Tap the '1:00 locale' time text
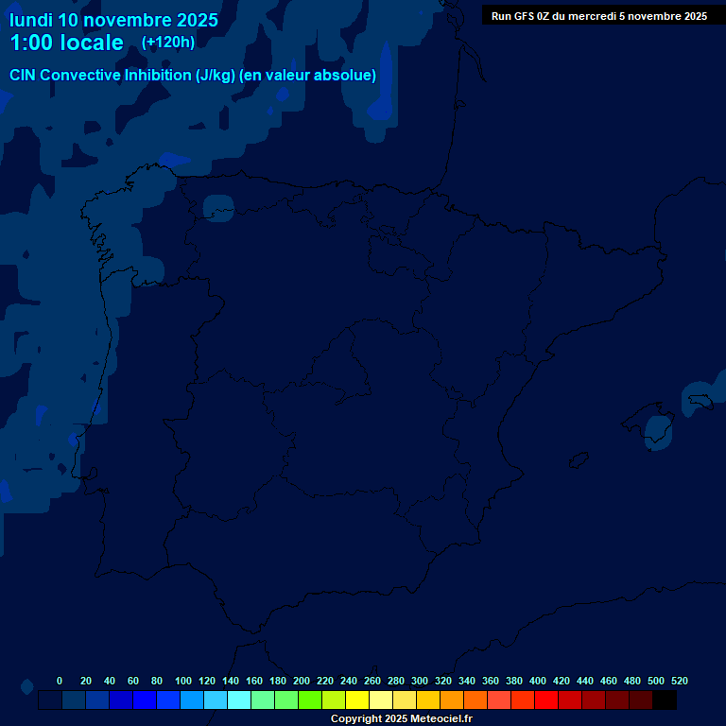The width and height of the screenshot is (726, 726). point(66,43)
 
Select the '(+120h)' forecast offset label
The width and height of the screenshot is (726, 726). point(167,43)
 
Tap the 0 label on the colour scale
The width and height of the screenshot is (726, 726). point(60,681)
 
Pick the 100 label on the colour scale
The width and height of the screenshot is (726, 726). point(183,681)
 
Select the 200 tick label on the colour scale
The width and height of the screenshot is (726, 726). point(302,681)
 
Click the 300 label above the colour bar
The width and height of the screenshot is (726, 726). point(420,681)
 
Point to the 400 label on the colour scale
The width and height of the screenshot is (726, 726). point(538,681)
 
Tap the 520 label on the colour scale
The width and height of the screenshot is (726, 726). point(679,681)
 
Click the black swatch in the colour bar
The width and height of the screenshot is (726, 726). point(665,700)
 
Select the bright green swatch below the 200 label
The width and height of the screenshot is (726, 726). point(310,700)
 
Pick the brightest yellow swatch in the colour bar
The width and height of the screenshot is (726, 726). point(357,700)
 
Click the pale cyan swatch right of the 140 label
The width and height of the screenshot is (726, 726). point(239,700)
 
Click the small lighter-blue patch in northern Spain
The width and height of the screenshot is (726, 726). point(218,208)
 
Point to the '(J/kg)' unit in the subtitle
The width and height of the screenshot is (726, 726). point(216,76)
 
